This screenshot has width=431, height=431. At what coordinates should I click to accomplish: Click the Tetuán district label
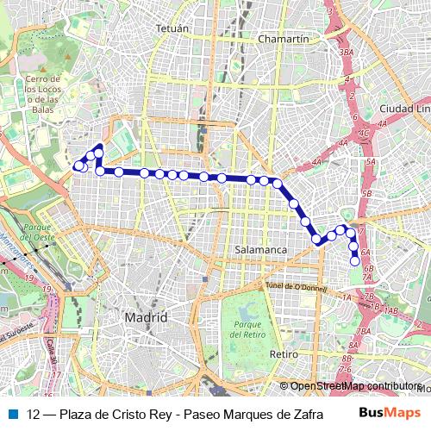coord(172,28)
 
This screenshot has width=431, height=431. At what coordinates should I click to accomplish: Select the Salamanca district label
coord(260,250)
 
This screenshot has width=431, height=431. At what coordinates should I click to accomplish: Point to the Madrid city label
coord(146,317)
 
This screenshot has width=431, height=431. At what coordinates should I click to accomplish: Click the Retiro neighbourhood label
coord(283,354)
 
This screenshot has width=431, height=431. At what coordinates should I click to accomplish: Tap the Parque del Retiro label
coord(247,328)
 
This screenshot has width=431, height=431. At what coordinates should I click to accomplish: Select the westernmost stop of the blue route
coord(78,166)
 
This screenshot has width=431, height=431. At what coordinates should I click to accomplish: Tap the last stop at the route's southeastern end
coord(354,260)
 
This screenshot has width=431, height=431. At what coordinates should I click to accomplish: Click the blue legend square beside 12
coord(12,413)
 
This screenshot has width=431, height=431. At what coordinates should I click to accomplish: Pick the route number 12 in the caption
coord(34,413)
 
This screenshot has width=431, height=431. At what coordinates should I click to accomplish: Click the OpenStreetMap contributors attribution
coord(356,386)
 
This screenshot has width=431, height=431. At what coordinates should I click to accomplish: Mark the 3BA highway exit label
coord(347,53)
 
